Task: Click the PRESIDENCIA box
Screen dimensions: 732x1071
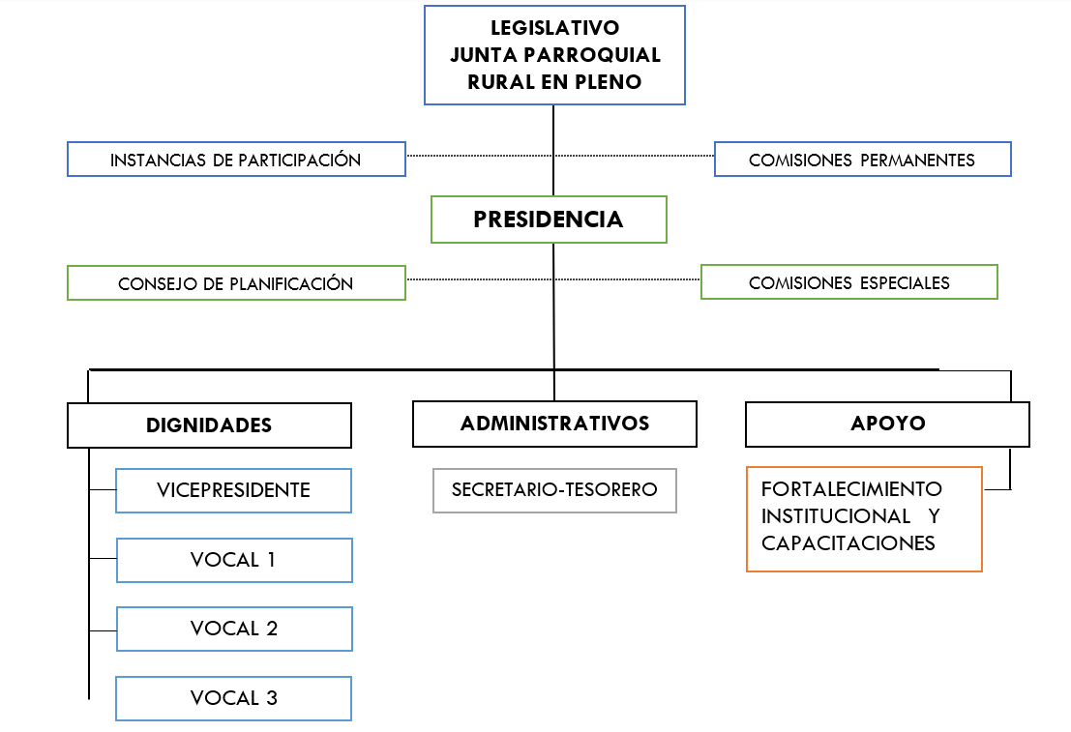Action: point(549,220)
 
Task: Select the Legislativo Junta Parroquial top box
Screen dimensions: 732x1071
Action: point(554,55)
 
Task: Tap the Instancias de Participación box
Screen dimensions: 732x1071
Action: point(236,160)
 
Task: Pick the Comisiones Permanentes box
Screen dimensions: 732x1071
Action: point(862,160)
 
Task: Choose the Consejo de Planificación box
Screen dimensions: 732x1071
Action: point(236,283)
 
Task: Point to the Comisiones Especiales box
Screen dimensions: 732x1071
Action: point(848,282)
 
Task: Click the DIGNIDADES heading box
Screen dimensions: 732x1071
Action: point(209,425)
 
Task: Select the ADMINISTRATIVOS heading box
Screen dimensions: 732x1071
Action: point(554,424)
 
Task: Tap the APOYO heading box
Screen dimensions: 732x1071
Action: point(887,424)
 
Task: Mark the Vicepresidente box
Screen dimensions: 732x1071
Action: point(233,490)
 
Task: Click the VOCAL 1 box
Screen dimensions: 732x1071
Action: point(234,560)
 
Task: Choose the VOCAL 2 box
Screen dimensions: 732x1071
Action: point(234,629)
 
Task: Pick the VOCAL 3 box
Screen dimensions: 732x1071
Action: point(233,698)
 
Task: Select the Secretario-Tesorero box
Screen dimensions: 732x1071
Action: point(554,490)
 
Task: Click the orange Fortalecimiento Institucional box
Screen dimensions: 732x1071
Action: point(864,519)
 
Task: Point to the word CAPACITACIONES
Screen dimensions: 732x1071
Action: point(848,543)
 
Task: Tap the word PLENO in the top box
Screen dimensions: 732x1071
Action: point(610,82)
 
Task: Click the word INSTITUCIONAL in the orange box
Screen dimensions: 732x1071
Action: point(836,516)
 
